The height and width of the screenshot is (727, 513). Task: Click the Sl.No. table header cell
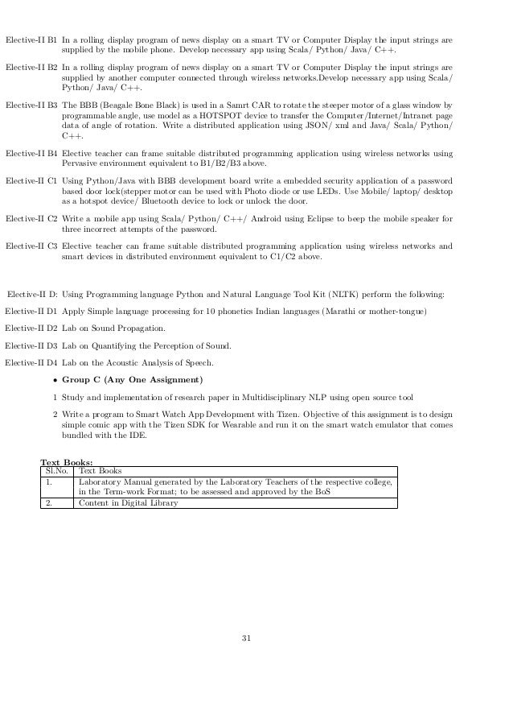pos(55,470)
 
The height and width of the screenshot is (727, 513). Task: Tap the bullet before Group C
pos(54,379)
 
